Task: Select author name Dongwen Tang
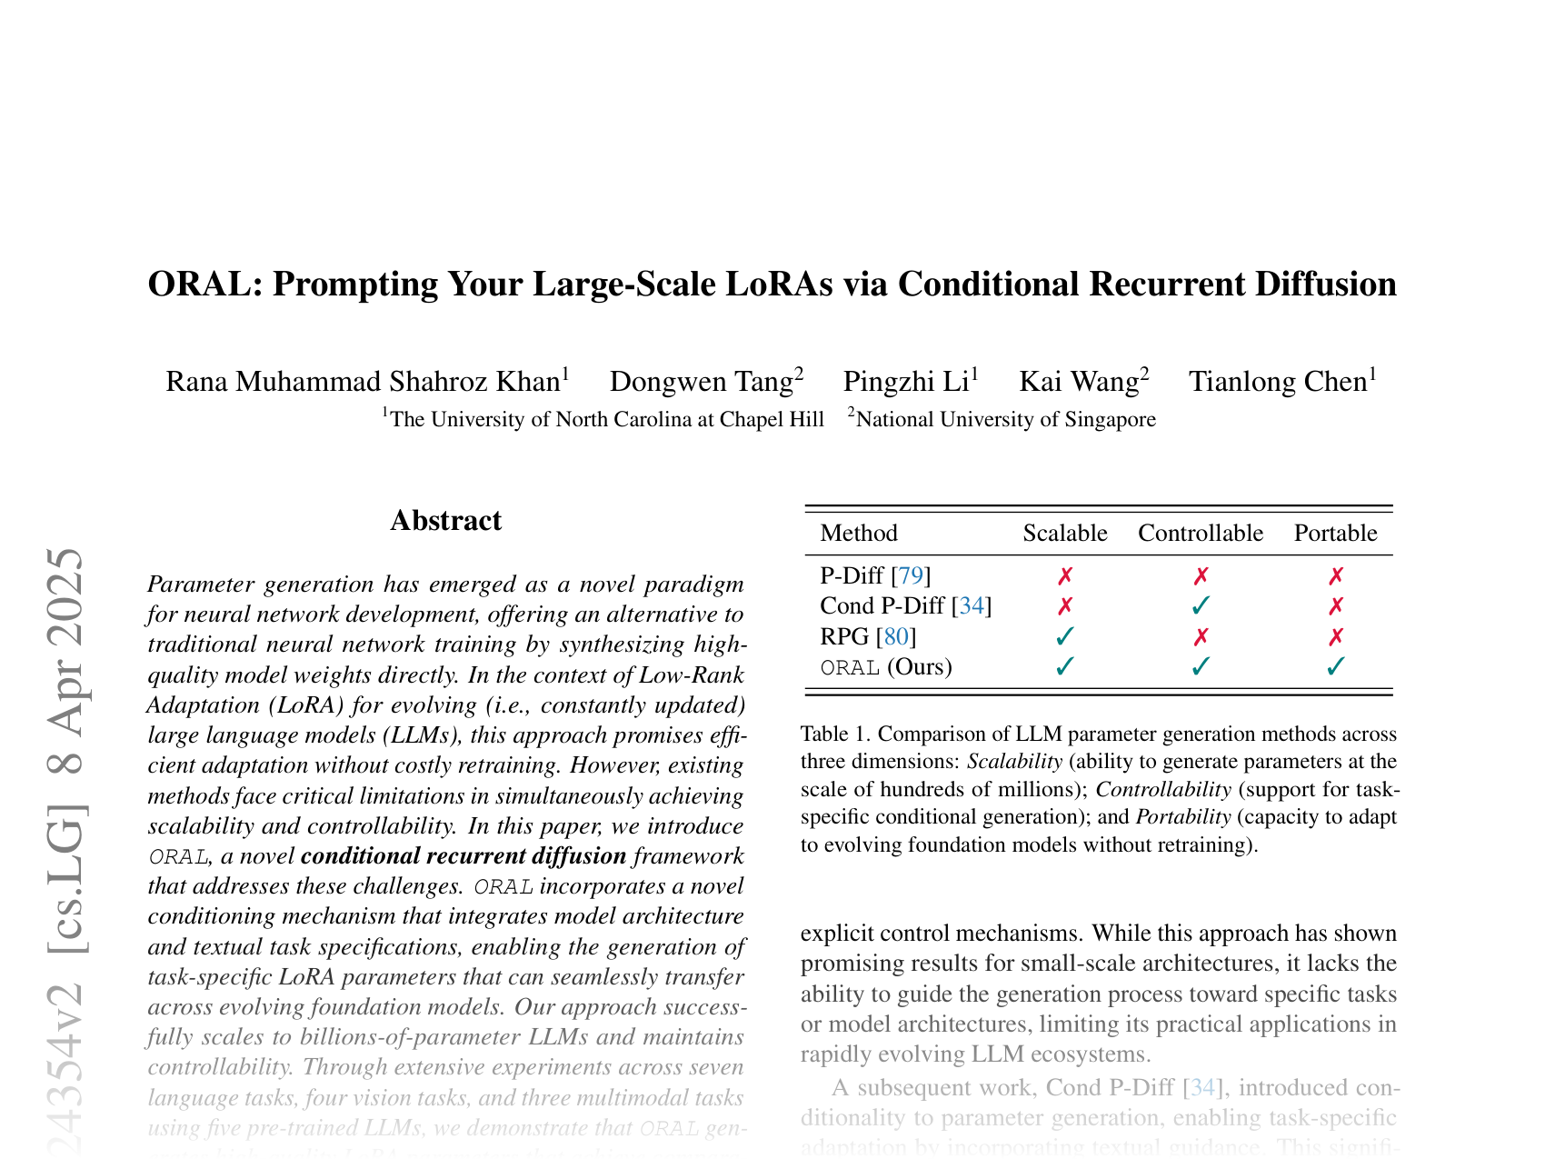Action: click(x=702, y=381)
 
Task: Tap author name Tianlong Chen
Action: click(x=1278, y=381)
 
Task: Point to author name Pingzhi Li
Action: click(x=905, y=381)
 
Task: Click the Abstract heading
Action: click(x=445, y=521)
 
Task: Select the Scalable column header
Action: click(x=1065, y=533)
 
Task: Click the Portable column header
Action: click(x=1335, y=533)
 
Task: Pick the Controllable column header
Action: click(x=1201, y=533)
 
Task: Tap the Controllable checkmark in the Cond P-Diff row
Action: click(x=1201, y=605)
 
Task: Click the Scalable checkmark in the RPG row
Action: click(x=1065, y=636)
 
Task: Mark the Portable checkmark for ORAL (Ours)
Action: click(x=1335, y=667)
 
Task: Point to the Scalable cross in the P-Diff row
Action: click(x=1065, y=575)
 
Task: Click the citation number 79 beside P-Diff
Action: click(x=911, y=575)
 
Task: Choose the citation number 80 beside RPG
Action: click(x=895, y=636)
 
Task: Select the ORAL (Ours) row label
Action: click(x=886, y=667)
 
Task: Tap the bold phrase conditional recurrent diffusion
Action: click(x=463, y=856)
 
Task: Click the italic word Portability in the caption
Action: click(x=1183, y=816)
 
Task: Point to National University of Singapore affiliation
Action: click(x=1006, y=419)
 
